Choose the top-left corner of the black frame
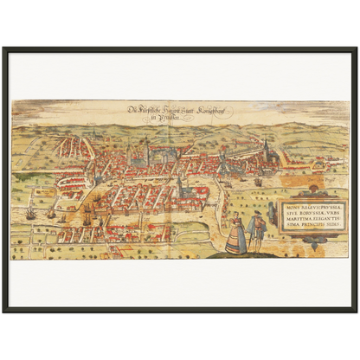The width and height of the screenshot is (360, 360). point(3,47)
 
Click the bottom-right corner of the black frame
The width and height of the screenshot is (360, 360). point(357,313)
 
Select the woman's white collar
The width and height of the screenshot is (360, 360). point(234,222)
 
